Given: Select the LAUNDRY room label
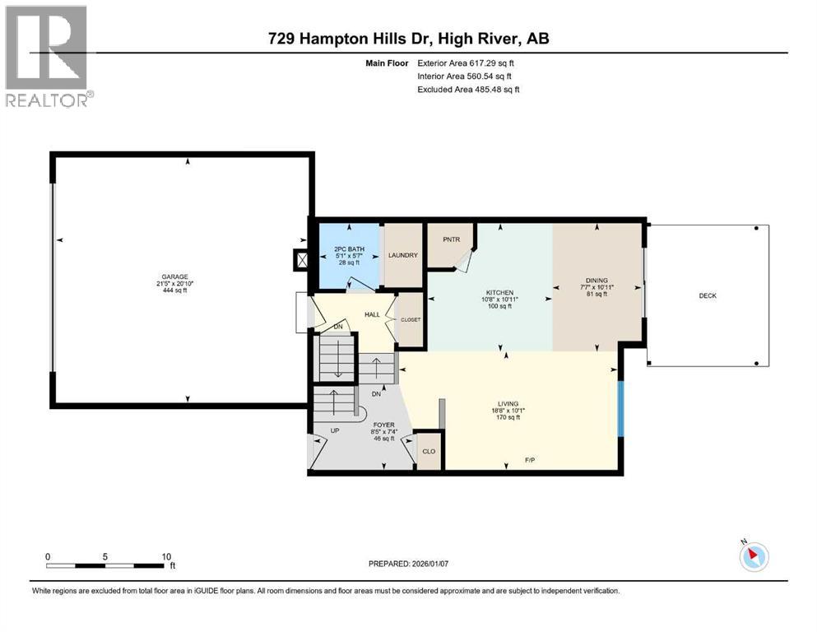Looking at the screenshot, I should coord(403,255).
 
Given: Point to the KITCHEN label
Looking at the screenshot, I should coord(499,293).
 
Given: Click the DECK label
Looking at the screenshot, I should coord(708,295).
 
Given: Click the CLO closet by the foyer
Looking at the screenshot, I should coord(429,452).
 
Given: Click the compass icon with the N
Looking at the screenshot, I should coord(753,557).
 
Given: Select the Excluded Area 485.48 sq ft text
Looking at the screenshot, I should coord(468,90).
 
